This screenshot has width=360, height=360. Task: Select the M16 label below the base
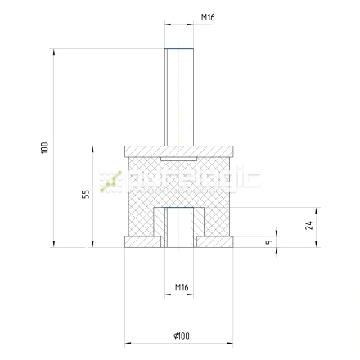pyautogui.click(x=182, y=288)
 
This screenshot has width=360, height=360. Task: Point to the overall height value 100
pyautogui.click(x=44, y=147)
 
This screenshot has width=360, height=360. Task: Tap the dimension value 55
pyautogui.click(x=85, y=195)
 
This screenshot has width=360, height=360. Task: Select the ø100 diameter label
pyautogui.click(x=182, y=335)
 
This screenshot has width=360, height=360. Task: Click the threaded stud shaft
pyautogui.click(x=180, y=98)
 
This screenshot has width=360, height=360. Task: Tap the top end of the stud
pyautogui.click(x=180, y=49)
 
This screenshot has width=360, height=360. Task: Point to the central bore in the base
pyautogui.click(x=180, y=229)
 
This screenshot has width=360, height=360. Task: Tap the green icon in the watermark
pyautogui.click(x=110, y=182)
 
